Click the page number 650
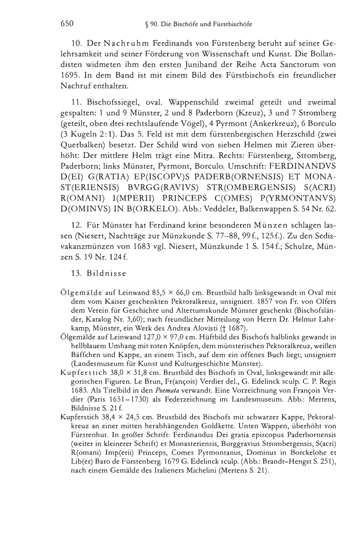(67, 23)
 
